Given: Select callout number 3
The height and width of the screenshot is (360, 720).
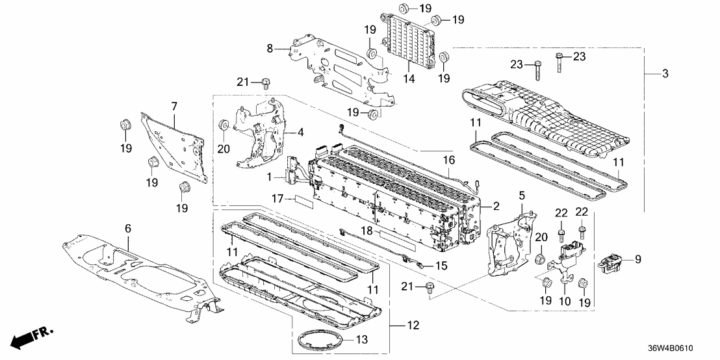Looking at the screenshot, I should point(665,75).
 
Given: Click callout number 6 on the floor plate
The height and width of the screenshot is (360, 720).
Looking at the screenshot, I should point(128,228).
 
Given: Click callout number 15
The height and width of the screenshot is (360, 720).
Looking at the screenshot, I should point(441,266).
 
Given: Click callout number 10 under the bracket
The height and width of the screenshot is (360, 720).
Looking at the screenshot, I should point(564,302).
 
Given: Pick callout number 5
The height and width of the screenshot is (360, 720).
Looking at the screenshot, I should point(521,194).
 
